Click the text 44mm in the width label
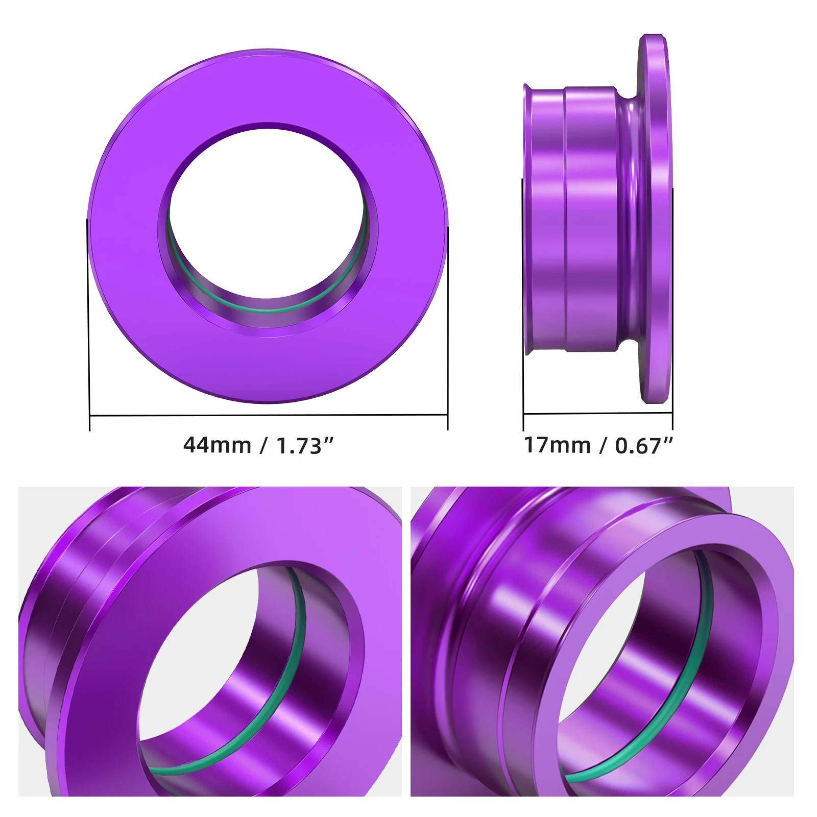click(217, 445)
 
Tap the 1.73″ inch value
click(304, 446)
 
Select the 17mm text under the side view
click(557, 445)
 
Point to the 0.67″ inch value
click(644, 446)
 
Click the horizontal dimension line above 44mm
click(268, 415)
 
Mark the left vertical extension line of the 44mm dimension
click(89, 327)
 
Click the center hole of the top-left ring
click(266, 209)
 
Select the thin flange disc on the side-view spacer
click(655, 220)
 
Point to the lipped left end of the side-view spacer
click(529, 220)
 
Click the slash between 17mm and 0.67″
click(603, 445)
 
